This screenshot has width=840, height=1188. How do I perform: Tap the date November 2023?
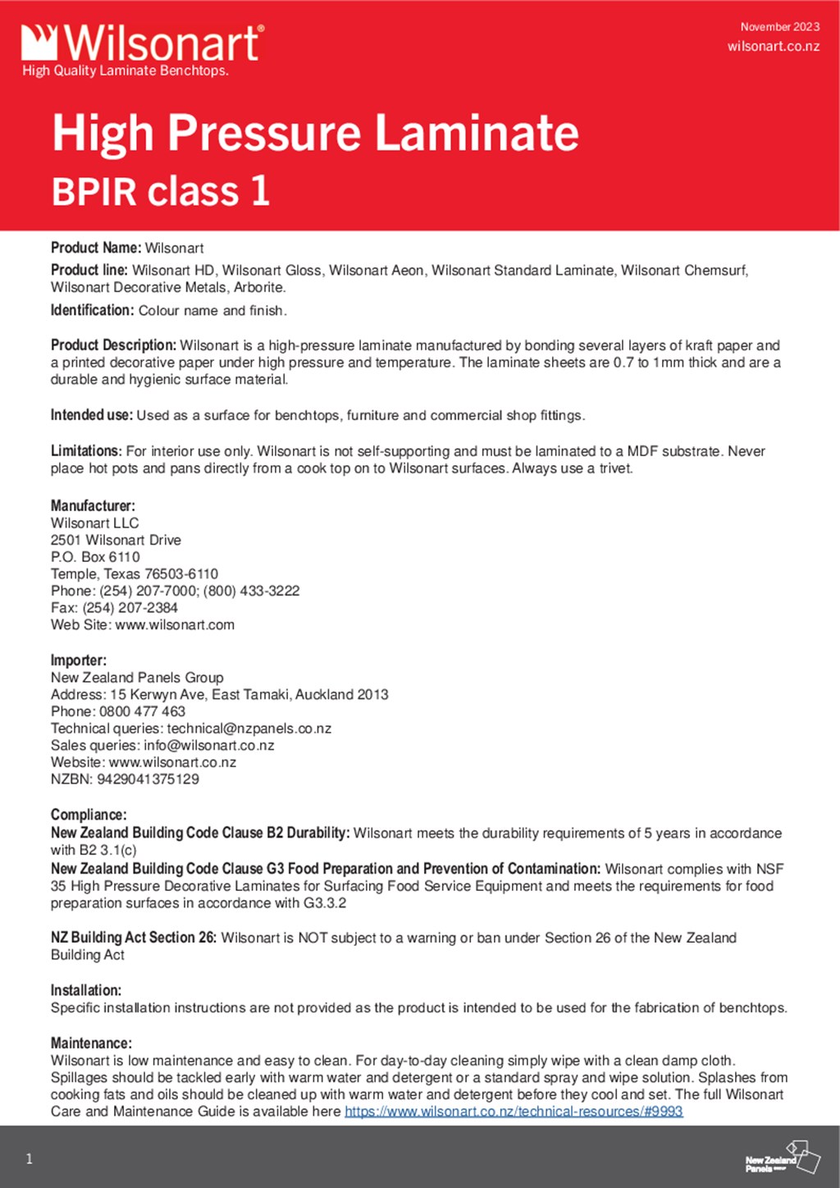(x=779, y=27)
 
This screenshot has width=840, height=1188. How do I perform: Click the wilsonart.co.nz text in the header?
(x=773, y=46)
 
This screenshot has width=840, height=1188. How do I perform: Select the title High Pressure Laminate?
(x=315, y=133)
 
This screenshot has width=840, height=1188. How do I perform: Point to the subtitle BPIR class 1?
(x=161, y=191)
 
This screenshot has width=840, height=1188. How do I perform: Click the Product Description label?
(x=113, y=345)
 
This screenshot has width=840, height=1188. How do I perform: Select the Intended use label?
(x=91, y=415)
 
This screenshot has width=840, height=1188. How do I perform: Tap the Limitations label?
(x=86, y=451)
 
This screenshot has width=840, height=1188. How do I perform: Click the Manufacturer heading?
(x=93, y=505)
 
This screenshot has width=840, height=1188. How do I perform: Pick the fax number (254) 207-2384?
(x=130, y=608)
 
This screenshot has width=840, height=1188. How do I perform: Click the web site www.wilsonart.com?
(x=175, y=625)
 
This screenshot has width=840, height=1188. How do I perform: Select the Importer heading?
(x=79, y=660)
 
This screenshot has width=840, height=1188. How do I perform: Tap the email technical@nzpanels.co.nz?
(x=249, y=729)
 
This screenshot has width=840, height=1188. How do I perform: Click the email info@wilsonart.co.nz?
(x=208, y=746)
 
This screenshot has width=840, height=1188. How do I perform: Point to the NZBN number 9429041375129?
(x=148, y=779)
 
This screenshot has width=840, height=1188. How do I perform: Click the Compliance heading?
(x=89, y=815)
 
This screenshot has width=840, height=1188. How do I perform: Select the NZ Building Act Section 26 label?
(x=134, y=938)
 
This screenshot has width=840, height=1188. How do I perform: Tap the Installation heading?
(x=86, y=990)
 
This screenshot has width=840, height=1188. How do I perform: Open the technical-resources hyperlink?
(x=514, y=1112)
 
